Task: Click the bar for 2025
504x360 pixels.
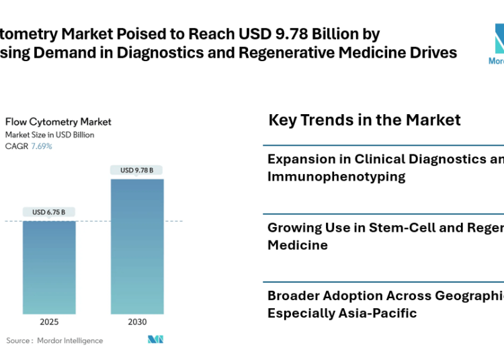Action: (x=49, y=267)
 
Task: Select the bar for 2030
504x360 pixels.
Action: (x=137, y=246)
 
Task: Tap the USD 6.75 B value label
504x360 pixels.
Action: (x=49, y=212)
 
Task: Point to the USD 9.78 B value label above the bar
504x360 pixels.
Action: (x=137, y=171)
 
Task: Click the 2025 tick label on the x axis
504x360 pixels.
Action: (x=49, y=322)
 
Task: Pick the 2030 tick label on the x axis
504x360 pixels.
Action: (x=137, y=322)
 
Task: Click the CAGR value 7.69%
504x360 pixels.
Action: (x=41, y=146)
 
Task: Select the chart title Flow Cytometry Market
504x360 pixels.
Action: (x=58, y=122)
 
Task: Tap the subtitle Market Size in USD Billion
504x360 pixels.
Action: (x=50, y=134)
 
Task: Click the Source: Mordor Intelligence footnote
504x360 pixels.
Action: (x=55, y=341)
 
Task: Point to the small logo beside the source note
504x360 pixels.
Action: (x=156, y=340)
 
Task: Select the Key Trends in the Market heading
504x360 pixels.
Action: (x=364, y=120)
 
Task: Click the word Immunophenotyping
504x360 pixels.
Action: (x=336, y=177)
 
